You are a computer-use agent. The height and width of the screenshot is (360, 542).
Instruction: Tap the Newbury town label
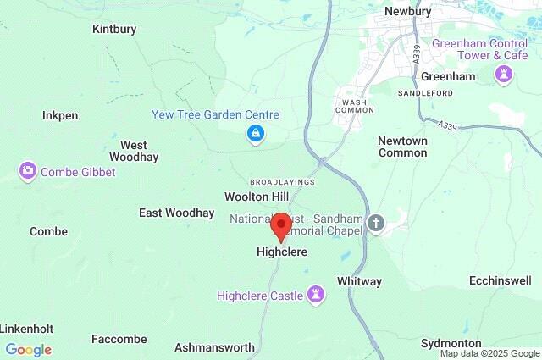[x=408, y=11]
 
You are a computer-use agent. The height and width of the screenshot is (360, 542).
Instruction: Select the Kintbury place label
[x=113, y=29]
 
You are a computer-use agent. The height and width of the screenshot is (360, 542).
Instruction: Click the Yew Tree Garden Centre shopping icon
[x=255, y=134]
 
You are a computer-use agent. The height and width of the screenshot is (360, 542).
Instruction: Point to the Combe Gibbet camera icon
[x=28, y=172]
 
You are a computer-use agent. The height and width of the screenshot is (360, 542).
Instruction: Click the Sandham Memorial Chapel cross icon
[x=376, y=223]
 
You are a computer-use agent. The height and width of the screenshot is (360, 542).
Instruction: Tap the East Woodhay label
[x=176, y=213]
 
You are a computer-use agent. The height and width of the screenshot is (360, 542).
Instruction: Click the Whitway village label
[x=359, y=281]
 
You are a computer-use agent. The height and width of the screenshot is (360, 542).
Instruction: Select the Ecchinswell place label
[x=506, y=280]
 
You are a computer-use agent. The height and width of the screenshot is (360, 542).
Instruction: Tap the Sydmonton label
[x=451, y=343]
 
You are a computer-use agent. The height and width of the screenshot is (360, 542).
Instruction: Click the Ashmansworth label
[x=214, y=347]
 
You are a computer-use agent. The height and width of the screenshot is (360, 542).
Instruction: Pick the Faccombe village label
[x=119, y=339]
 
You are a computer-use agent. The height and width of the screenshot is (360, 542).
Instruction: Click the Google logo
[x=28, y=350]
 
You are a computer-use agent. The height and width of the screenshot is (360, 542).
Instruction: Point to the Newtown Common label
[x=402, y=147]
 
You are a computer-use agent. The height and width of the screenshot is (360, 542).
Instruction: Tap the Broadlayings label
[x=282, y=182]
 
